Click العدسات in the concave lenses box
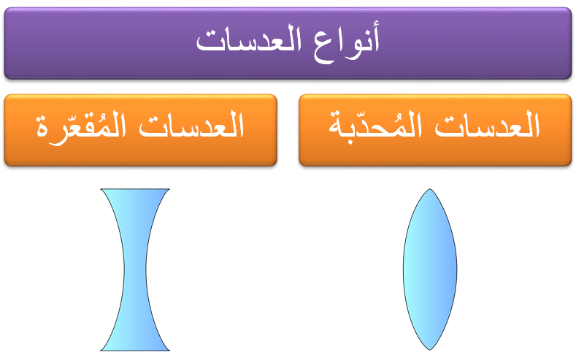193,129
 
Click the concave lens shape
135,269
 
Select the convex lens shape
430,269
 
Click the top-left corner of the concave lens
101,189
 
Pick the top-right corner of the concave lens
169,189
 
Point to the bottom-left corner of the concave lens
101,351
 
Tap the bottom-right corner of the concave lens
169,351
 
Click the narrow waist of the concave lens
135,269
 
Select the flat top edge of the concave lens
135,190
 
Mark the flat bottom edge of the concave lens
135,350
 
